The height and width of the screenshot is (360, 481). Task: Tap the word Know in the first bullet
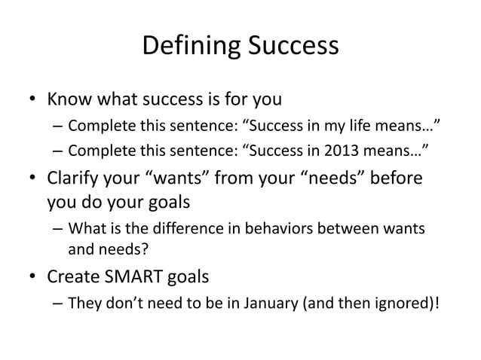pyautogui.click(x=69, y=99)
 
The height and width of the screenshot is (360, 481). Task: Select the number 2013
pyautogui.click(x=344, y=149)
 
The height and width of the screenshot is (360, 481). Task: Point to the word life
pyautogui.click(x=371, y=124)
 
